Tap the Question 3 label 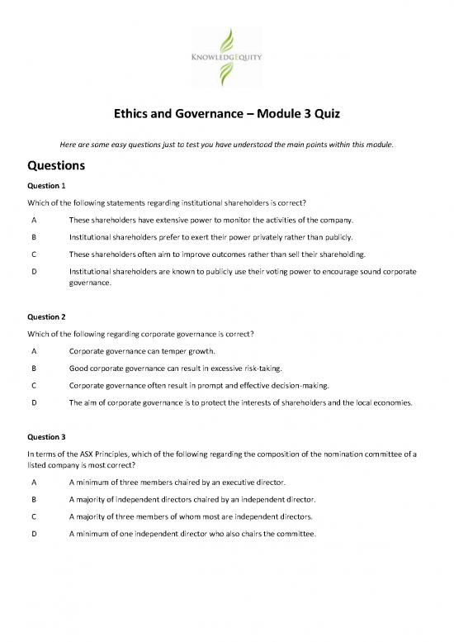coord(33,435)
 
